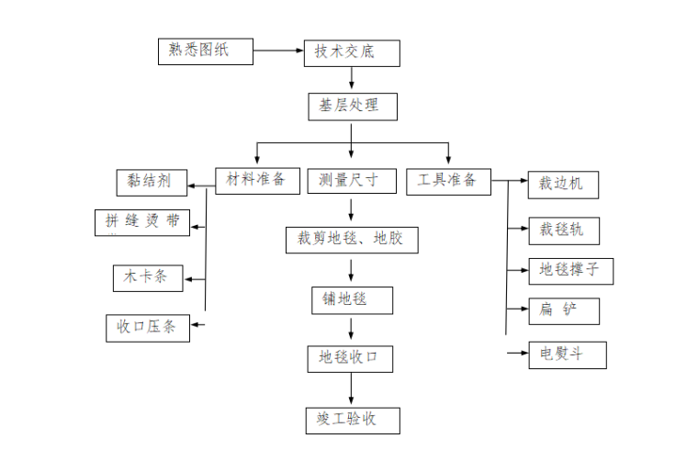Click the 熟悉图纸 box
click(x=205, y=51)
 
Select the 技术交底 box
click(x=352, y=53)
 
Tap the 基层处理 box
click(x=352, y=106)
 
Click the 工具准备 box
click(x=448, y=181)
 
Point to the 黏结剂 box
click(x=152, y=181)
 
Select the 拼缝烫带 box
click(x=142, y=222)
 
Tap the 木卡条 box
click(x=146, y=276)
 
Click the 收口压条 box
click(x=147, y=327)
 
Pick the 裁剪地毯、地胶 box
click(x=351, y=241)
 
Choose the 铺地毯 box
click(x=351, y=300)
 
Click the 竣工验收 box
click(x=352, y=420)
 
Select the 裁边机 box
click(x=563, y=184)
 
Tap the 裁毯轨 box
click(x=563, y=230)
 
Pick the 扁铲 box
click(x=563, y=311)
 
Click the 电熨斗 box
click(x=568, y=354)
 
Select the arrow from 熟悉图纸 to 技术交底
click(x=278, y=52)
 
